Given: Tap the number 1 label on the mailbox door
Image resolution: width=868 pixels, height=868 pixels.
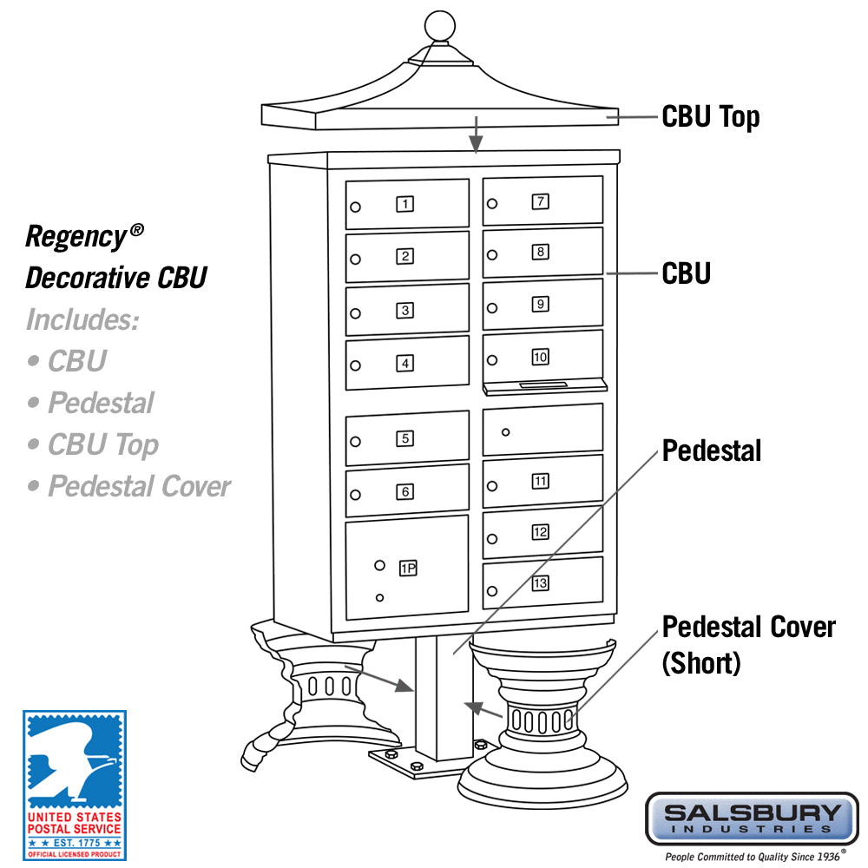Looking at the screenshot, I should [x=405, y=204].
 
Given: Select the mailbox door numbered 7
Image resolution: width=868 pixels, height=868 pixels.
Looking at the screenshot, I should [x=542, y=201].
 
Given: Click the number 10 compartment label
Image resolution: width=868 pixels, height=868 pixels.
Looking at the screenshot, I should [x=540, y=356].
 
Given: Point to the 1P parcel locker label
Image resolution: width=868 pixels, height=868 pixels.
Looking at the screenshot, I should [x=408, y=569].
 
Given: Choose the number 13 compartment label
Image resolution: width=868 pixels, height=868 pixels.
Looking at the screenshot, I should [x=540, y=582].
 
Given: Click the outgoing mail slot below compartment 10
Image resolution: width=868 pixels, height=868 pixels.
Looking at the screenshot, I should [x=542, y=384].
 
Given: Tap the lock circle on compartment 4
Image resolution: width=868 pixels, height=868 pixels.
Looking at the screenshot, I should [x=355, y=365].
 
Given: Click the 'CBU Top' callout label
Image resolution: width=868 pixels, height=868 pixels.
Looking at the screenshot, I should [x=710, y=116].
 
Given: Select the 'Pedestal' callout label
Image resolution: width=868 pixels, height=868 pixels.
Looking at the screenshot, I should [x=712, y=450].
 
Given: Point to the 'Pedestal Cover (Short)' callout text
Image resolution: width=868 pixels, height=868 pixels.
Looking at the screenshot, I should [x=748, y=644].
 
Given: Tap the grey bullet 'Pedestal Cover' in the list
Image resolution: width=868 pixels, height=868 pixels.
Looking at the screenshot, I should [x=130, y=486].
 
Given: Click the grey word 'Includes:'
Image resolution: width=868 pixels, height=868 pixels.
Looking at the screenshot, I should [x=82, y=319].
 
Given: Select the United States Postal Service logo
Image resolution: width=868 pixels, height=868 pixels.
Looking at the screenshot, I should [x=74, y=785].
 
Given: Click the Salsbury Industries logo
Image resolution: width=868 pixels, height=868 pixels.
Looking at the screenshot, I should [x=752, y=818].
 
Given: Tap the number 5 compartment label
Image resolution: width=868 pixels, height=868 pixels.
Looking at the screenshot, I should [x=405, y=438].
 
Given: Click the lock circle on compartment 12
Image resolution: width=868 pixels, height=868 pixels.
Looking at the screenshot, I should [x=492, y=540].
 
